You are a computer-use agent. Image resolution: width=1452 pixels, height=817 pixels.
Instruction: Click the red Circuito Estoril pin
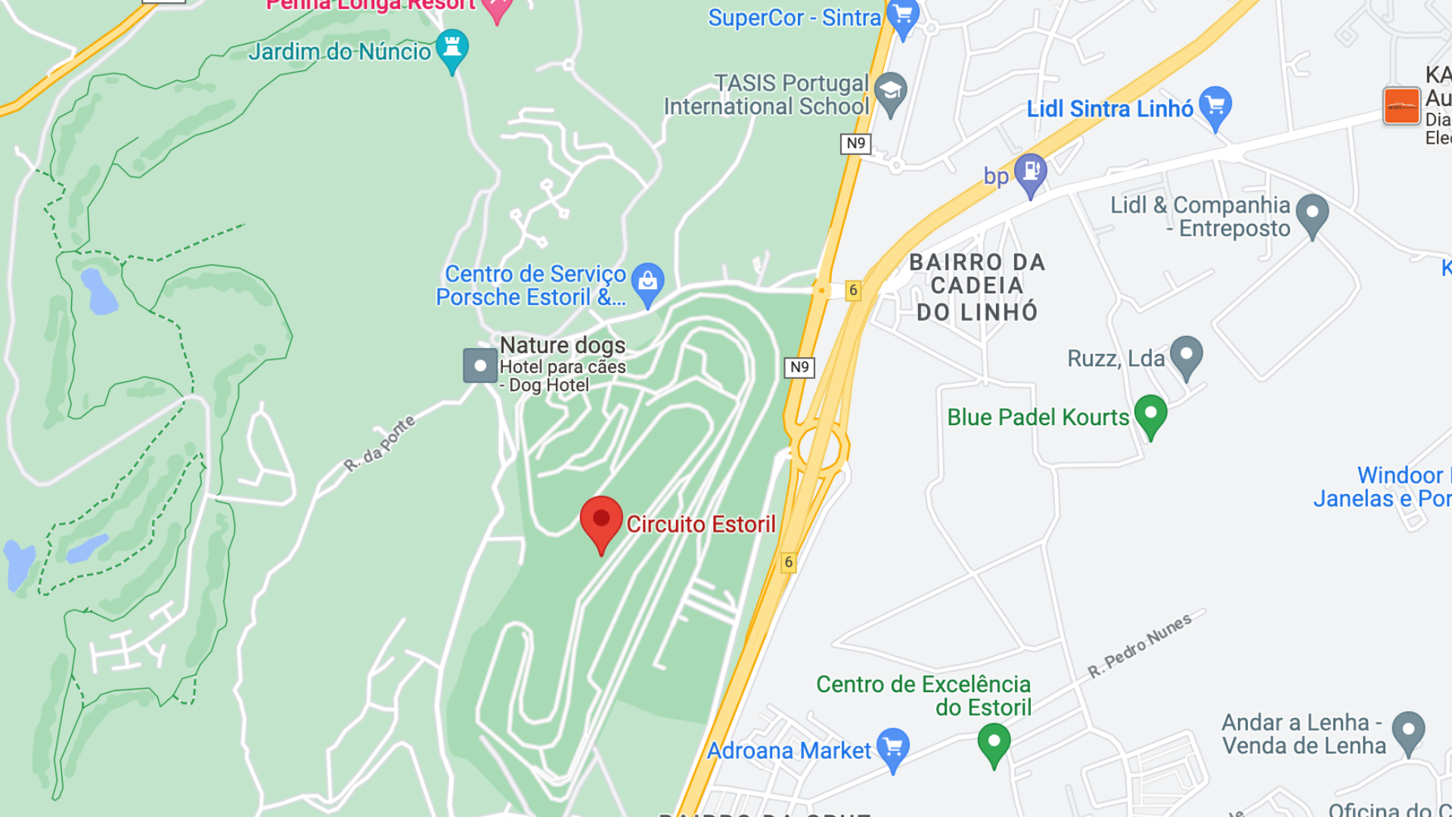601,520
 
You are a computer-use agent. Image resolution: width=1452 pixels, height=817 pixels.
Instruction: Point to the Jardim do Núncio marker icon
452,48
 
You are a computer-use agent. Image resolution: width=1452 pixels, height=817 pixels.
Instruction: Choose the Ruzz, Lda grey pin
1186,355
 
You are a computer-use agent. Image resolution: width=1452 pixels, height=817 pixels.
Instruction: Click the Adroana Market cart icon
893,747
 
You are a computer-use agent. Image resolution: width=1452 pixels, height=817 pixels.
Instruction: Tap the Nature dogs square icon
479,365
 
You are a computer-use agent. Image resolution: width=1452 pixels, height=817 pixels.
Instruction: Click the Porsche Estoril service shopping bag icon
647,281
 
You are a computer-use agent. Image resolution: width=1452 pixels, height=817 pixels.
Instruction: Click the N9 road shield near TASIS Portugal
855,143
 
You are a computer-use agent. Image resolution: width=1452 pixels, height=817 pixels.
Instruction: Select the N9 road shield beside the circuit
799,367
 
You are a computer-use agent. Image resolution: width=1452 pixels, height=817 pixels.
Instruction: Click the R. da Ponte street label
380,443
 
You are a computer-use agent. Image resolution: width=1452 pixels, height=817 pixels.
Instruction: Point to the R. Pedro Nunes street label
1140,645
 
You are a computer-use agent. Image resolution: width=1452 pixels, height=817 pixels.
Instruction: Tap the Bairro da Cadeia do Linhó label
977,287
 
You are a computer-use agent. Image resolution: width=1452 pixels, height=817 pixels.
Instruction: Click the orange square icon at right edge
1401,105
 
